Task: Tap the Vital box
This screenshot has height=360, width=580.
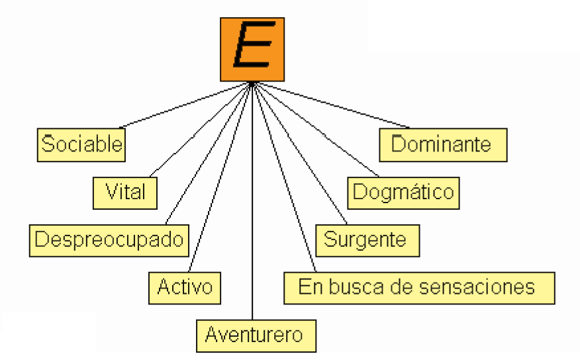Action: tap(126, 191)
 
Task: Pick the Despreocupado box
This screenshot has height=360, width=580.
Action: tap(109, 239)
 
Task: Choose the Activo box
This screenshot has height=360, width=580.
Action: tap(184, 287)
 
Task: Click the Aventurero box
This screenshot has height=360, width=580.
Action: tap(255, 334)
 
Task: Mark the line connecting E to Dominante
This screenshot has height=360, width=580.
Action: tap(331, 106)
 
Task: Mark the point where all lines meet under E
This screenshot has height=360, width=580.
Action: tap(253, 83)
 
